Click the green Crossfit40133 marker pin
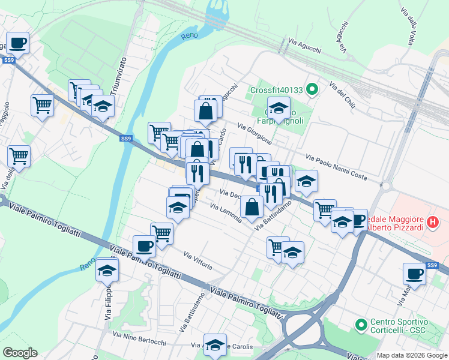pyautogui.click(x=312, y=90)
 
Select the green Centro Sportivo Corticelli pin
pyautogui.click(x=361, y=325)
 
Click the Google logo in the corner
pyautogui.click(x=20, y=353)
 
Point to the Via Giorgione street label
pyautogui.click(x=255, y=134)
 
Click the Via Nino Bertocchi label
pyautogui.click(x=139, y=341)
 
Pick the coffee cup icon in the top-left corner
pyautogui.click(x=17, y=43)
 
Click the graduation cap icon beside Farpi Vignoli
pyautogui.click(x=279, y=109)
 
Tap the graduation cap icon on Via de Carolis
pyautogui.click(x=215, y=345)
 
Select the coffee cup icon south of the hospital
pyautogui.click(x=414, y=274)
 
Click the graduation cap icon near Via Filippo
pyautogui.click(x=107, y=270)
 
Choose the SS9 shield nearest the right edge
pyautogui.click(x=432, y=265)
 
